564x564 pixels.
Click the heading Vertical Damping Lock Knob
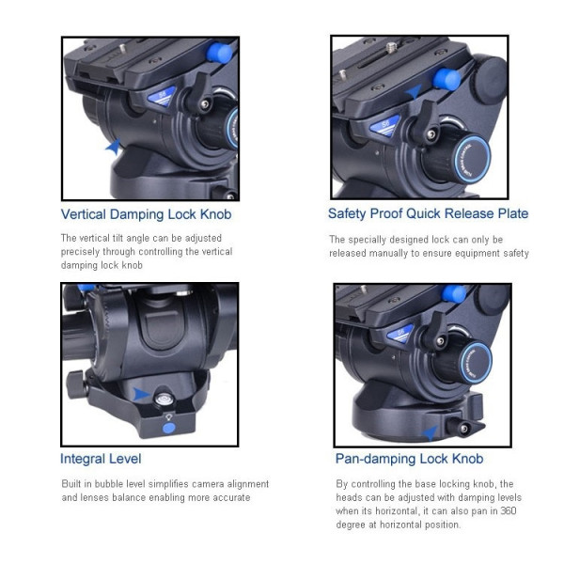tap(146, 214)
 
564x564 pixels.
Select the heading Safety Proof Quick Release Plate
tap(428, 213)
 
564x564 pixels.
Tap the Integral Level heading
tap(101, 459)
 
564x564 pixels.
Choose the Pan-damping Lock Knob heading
tap(409, 459)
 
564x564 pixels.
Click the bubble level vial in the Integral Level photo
tap(164, 399)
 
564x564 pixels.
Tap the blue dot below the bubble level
tap(168, 428)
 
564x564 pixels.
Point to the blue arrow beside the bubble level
tap(140, 394)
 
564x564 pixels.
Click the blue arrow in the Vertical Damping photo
tap(114, 147)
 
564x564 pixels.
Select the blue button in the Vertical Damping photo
tap(219, 53)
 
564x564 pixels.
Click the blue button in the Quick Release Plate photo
tap(446, 80)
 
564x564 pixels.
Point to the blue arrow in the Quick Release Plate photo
tap(414, 91)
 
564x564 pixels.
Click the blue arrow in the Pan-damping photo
tap(431, 432)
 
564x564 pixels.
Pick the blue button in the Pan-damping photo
tap(454, 294)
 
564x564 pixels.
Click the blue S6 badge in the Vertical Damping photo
tap(162, 96)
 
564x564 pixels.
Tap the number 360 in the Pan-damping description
tap(509, 510)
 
